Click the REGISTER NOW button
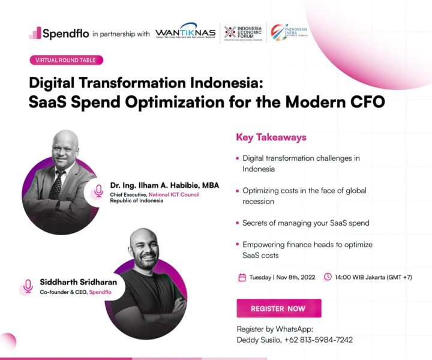pyautogui.click(x=278, y=308)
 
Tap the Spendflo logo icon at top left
pyautogui.click(x=35, y=33)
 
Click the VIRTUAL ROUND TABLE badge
pyautogui.click(x=66, y=60)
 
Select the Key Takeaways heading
pyautogui.click(x=271, y=137)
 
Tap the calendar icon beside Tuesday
pyautogui.click(x=242, y=277)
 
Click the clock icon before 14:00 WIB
pyautogui.click(x=328, y=277)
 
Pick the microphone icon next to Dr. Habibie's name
pyautogui.click(x=98, y=191)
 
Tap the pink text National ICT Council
pyautogui.click(x=174, y=194)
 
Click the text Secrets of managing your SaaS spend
pyautogui.click(x=305, y=223)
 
